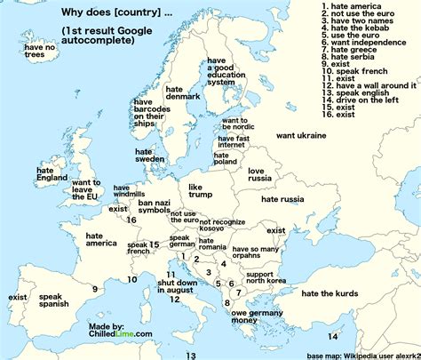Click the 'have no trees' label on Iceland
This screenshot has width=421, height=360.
39,51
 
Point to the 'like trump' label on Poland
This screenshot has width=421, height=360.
202,191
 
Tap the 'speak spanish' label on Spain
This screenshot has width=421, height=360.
53,300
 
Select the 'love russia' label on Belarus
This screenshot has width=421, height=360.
259,173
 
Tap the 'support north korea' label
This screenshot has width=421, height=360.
266,278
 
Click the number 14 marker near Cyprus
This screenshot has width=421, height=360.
332,336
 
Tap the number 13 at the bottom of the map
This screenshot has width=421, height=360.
190,355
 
